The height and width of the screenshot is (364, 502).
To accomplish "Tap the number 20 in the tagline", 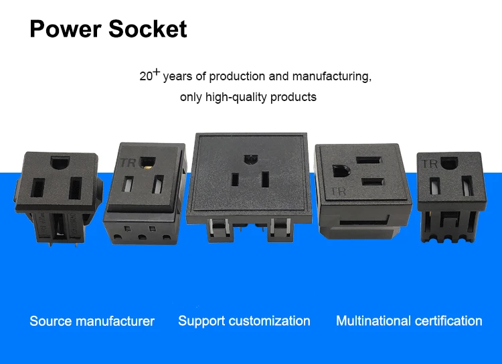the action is pyautogui.click(x=146, y=76).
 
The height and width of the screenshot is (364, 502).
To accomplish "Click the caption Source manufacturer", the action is pyautogui.click(x=92, y=321).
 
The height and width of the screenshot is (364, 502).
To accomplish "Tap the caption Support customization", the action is pyautogui.click(x=244, y=321).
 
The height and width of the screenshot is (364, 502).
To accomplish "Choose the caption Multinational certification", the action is pyautogui.click(x=409, y=321).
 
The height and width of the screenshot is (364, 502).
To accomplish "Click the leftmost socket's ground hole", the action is pyautogui.click(x=59, y=161).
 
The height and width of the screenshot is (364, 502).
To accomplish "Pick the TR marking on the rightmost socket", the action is pyautogui.click(x=428, y=163).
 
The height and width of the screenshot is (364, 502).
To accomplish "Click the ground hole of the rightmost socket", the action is pyautogui.click(x=450, y=161).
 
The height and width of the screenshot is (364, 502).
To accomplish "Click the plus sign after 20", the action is pyautogui.click(x=157, y=72).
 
